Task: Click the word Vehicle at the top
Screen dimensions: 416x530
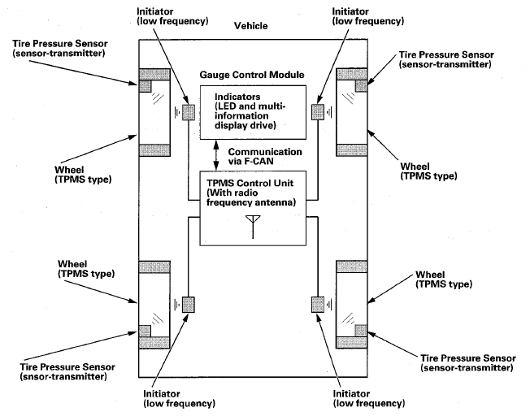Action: tap(250, 25)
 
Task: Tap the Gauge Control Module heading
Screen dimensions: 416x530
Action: tap(252, 75)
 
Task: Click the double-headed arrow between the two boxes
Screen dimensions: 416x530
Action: tap(215, 154)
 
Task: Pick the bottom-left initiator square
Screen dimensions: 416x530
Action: tap(189, 304)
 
